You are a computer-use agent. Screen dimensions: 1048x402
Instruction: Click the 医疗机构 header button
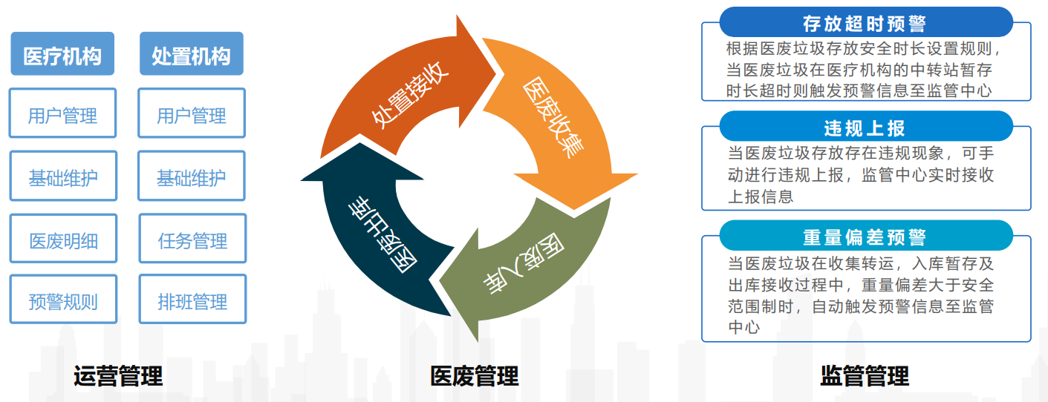click(x=62, y=53)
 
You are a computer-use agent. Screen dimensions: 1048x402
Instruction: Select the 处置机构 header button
click(x=192, y=53)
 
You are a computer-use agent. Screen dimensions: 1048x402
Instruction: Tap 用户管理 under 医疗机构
click(x=62, y=113)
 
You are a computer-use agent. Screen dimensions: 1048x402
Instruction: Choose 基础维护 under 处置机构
click(x=192, y=176)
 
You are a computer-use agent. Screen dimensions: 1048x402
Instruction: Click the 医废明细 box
click(x=63, y=238)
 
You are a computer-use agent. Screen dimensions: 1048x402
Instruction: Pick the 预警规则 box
click(x=63, y=299)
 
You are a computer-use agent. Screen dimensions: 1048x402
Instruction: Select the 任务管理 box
click(x=192, y=238)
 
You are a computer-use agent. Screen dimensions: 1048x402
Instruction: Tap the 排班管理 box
click(x=192, y=299)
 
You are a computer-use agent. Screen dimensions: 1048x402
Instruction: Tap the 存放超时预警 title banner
click(x=866, y=22)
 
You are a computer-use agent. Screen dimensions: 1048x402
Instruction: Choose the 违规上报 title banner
click(x=866, y=126)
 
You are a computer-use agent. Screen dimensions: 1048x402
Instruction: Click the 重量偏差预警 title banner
click(x=866, y=236)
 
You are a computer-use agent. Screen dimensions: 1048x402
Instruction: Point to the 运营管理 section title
click(x=118, y=376)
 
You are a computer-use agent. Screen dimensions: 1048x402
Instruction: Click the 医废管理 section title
click(x=475, y=376)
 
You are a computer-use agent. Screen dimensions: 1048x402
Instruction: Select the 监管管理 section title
click(x=865, y=376)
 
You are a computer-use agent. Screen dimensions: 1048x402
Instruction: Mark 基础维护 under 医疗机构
click(x=63, y=176)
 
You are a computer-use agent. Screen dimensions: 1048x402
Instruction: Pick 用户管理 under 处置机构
click(x=192, y=113)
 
